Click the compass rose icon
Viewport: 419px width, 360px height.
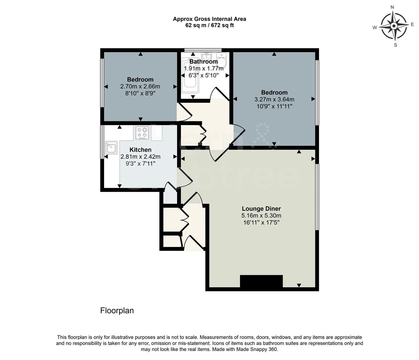(x=394, y=26)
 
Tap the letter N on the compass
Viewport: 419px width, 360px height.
(x=392, y=7)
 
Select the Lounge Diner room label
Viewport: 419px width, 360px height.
(x=261, y=209)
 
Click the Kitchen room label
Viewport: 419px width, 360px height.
(x=140, y=150)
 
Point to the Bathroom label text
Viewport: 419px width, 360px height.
(x=203, y=62)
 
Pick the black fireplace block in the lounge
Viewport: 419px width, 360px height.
(x=261, y=281)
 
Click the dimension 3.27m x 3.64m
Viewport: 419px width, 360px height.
(x=274, y=99)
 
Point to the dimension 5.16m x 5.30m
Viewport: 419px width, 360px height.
(x=261, y=216)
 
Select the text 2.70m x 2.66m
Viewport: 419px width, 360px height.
(x=140, y=86)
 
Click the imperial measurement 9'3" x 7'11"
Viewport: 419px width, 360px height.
(x=140, y=164)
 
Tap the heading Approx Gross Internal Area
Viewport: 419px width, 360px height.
(x=209, y=19)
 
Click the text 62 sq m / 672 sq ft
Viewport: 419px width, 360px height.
(x=209, y=25)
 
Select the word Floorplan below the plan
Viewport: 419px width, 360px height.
(x=117, y=311)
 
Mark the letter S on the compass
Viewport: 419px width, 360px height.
(x=396, y=45)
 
